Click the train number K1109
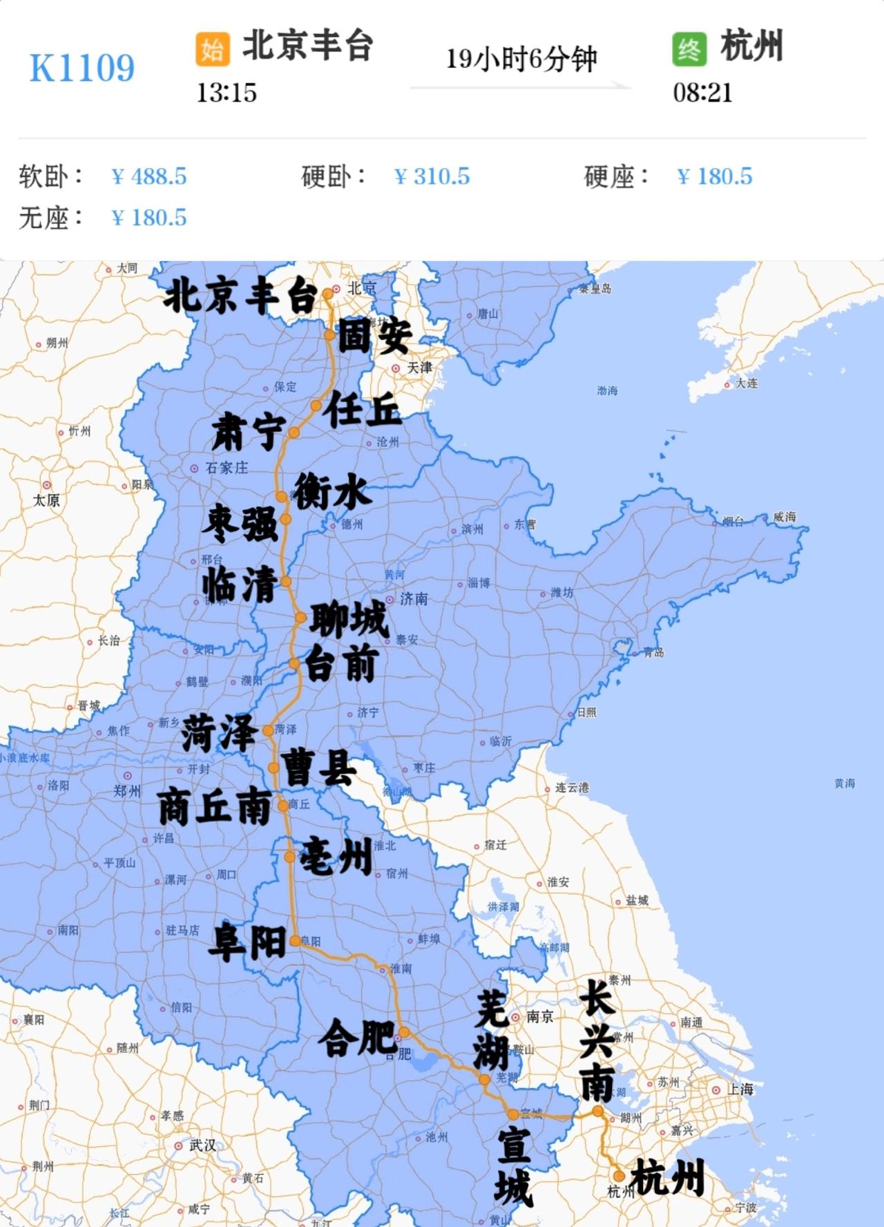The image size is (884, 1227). pos(82,68)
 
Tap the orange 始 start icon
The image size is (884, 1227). pos(212,49)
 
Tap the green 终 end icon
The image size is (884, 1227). pos(689,49)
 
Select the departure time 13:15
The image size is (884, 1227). pos(227,93)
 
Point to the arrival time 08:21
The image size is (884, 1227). pos(702,93)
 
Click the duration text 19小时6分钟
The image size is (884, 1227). pos(521,59)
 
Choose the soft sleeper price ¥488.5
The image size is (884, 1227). pos(149,177)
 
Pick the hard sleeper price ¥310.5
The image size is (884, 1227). pos(432,177)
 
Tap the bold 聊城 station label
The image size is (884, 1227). pos(349,620)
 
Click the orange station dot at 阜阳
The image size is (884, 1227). pos(295,940)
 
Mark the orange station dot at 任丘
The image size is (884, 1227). pos(316,406)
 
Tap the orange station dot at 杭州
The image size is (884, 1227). pos(619,1175)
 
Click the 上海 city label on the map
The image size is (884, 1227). pos(740,1090)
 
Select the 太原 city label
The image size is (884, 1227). pos(47,500)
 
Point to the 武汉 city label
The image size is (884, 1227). pos(202,1145)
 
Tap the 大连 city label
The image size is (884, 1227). pos(747,383)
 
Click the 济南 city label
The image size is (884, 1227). pos(414,599)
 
